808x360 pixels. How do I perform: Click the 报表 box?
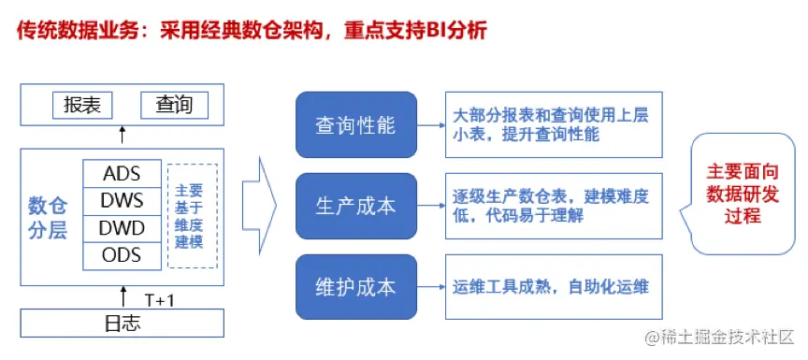[x=81, y=105]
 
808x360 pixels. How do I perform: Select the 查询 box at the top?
[x=175, y=105]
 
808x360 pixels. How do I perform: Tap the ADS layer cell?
[x=122, y=174]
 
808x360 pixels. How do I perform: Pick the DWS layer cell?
[x=122, y=201]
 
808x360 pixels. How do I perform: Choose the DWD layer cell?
[x=122, y=228]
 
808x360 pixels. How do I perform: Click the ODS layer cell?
[x=122, y=255]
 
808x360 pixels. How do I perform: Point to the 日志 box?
[x=122, y=324]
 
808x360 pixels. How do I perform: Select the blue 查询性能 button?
[x=356, y=124]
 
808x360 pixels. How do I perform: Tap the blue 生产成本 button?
[x=356, y=206]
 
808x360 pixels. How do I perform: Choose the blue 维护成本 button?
[x=356, y=286]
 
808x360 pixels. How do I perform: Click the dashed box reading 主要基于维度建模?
[x=192, y=215]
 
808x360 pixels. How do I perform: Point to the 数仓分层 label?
[x=49, y=216]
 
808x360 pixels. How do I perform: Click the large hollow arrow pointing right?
[x=259, y=201]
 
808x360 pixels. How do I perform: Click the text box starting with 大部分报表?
[x=554, y=124]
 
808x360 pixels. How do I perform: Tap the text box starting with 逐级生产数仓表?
[x=554, y=206]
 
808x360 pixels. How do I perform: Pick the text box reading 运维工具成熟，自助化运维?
[x=554, y=286]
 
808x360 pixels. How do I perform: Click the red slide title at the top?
[x=252, y=30]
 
